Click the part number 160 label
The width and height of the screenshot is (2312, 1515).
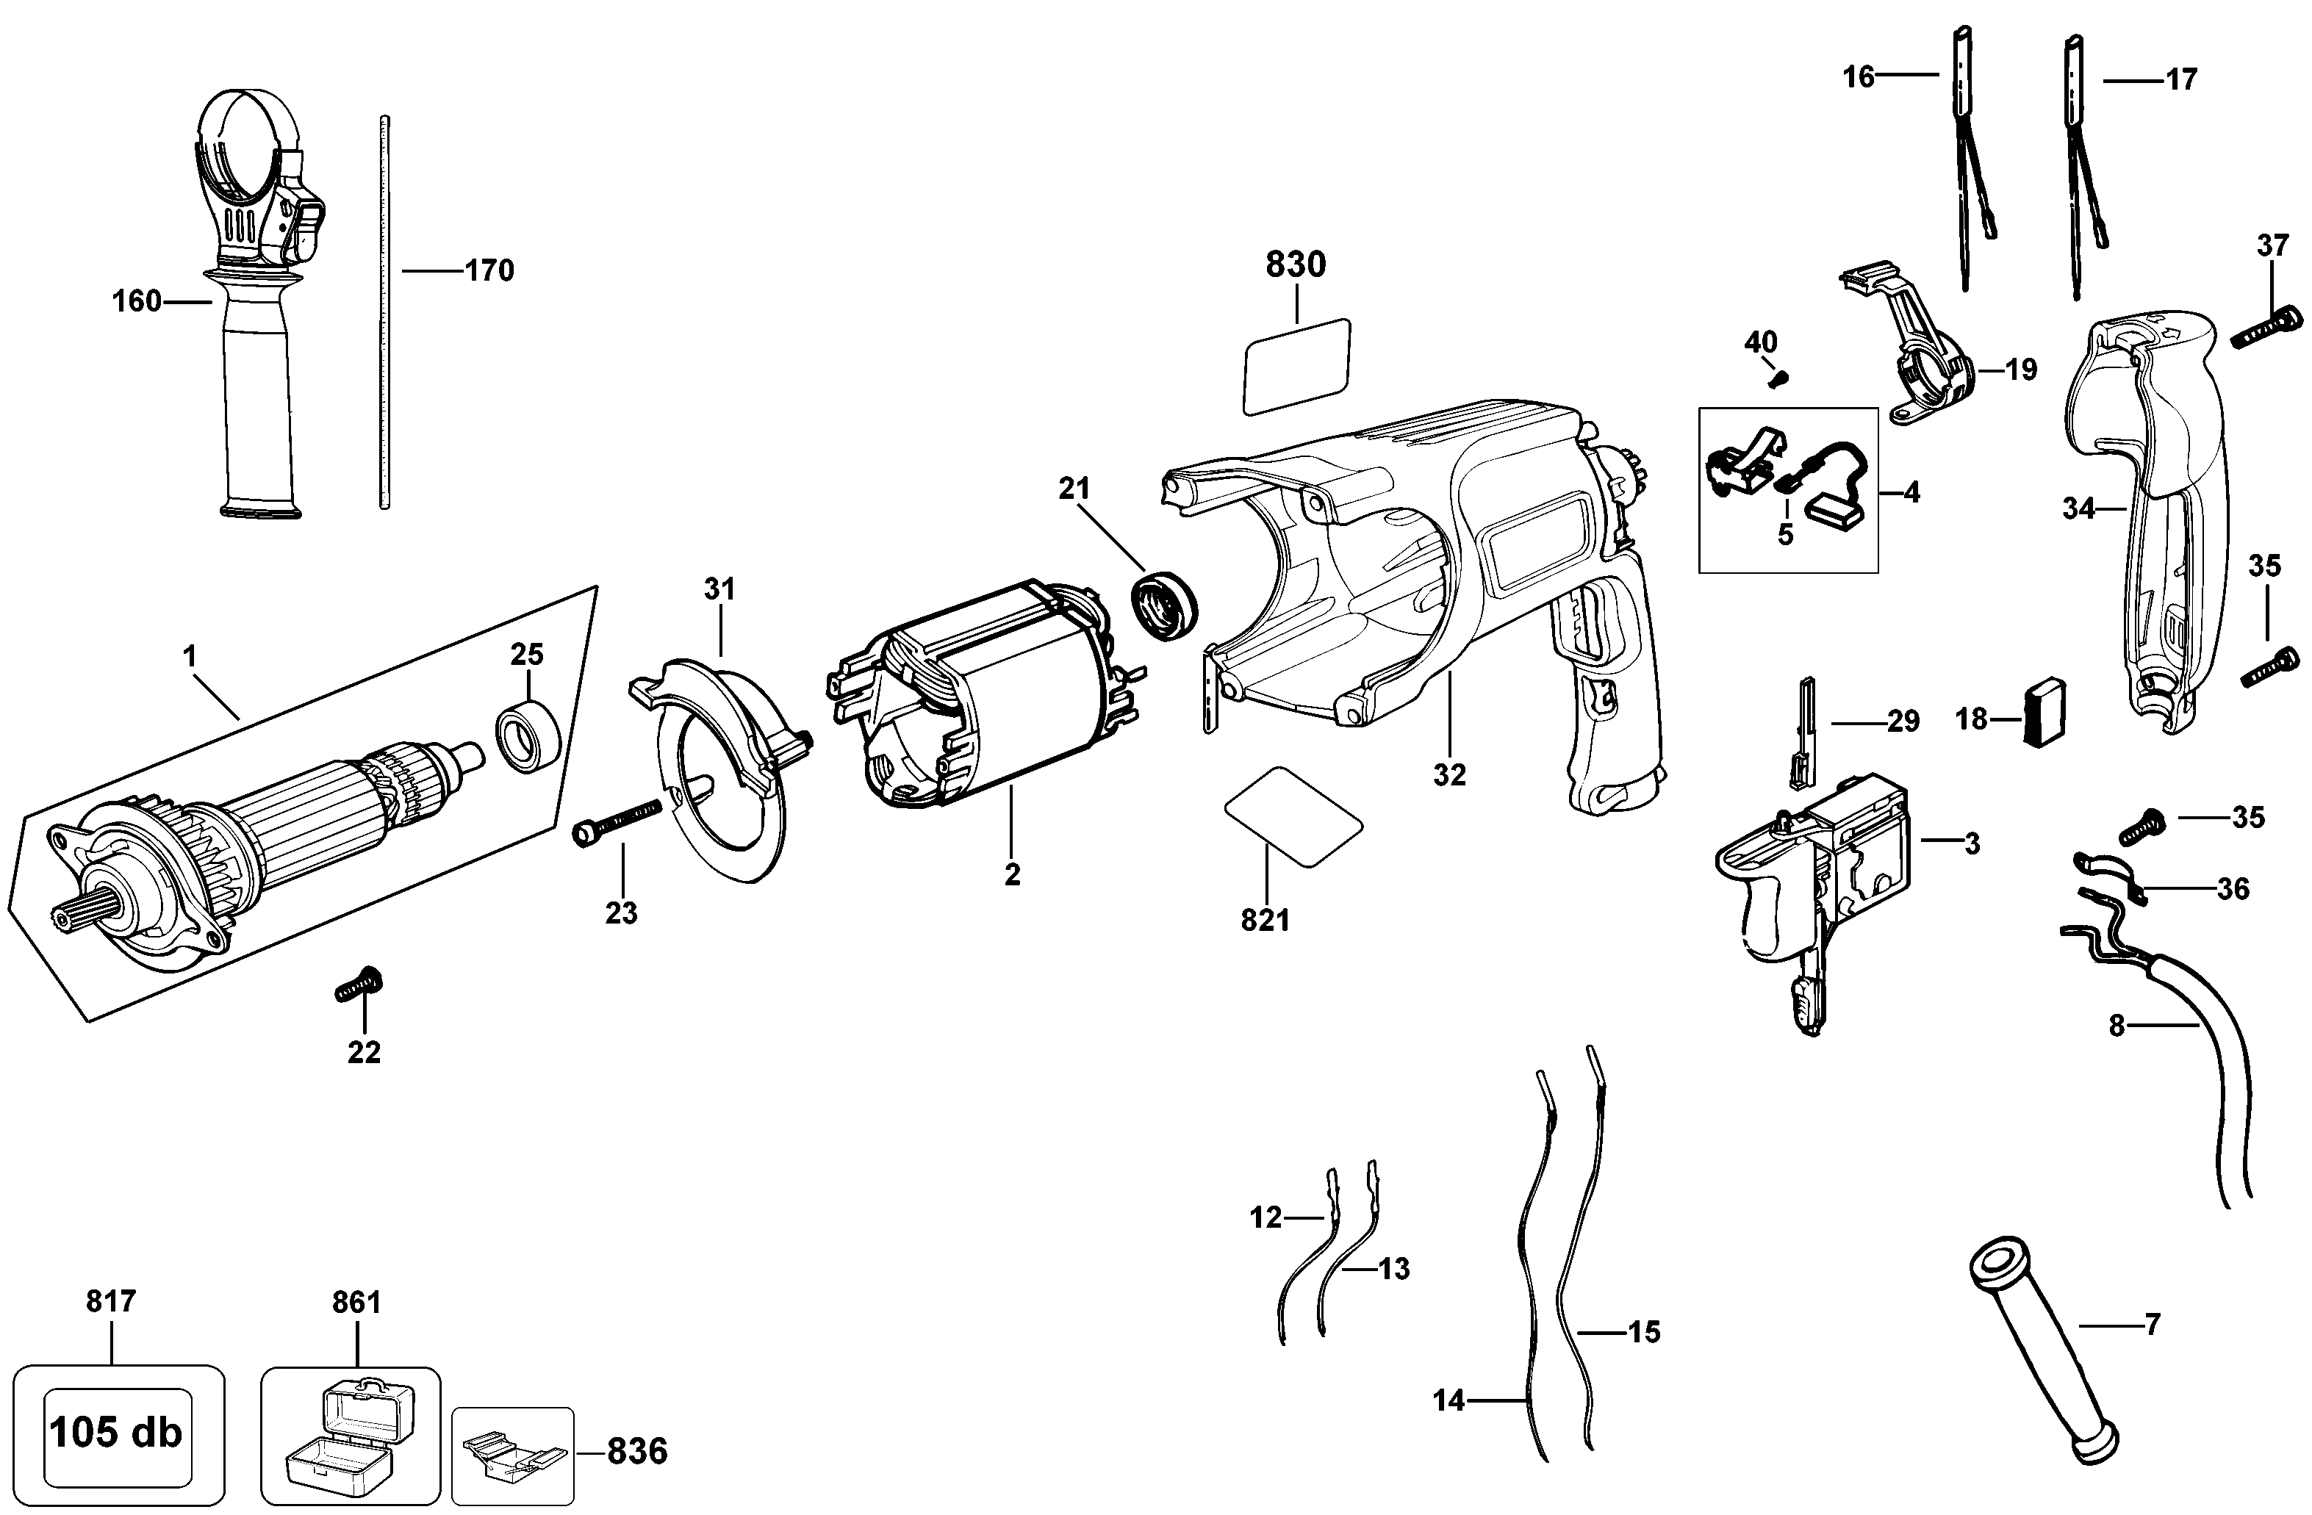point(137,302)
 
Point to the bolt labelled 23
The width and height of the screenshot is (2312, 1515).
point(618,821)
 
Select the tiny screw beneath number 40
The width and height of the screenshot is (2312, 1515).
point(1780,377)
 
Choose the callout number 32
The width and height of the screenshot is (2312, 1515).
point(1449,774)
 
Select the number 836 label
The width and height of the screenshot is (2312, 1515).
point(637,1451)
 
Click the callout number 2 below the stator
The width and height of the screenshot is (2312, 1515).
point(1012,874)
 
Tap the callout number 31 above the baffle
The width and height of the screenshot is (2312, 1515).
point(719,589)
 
